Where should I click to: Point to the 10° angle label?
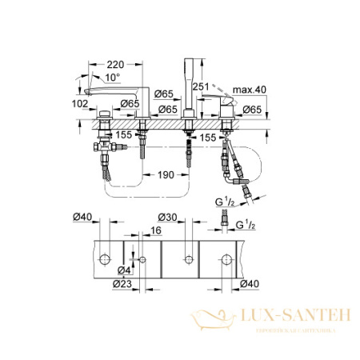[112, 77]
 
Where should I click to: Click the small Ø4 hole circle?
[142, 260]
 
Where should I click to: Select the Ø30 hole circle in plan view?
[188, 260]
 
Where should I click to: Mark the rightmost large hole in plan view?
[228, 260]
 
